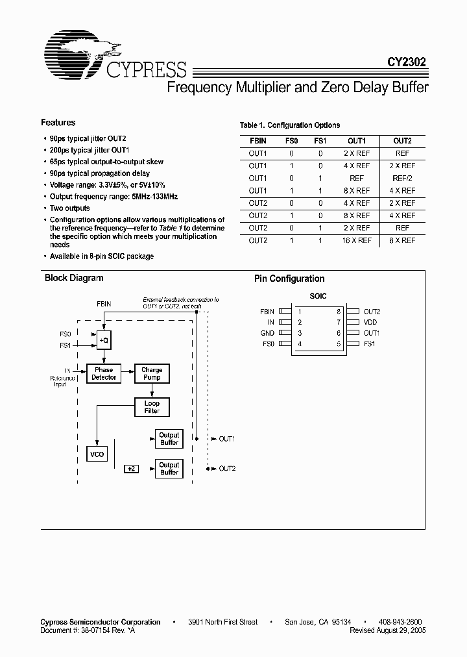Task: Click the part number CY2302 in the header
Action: [407, 63]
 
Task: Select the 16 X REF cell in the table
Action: [357, 240]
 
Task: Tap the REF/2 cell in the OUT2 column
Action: [402, 178]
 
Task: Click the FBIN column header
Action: [257, 141]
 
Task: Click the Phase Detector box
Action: [104, 373]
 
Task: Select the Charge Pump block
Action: [152, 373]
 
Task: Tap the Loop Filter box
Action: [152, 407]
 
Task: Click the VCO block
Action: [98, 454]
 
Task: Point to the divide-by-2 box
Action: [130, 468]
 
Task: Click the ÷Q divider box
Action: [104, 340]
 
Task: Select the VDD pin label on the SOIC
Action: [370, 322]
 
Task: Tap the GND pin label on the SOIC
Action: [268, 333]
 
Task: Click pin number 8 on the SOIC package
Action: [339, 312]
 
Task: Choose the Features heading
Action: [58, 123]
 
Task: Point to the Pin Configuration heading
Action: [289, 279]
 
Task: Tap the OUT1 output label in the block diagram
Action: [226, 439]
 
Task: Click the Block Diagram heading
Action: [74, 278]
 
